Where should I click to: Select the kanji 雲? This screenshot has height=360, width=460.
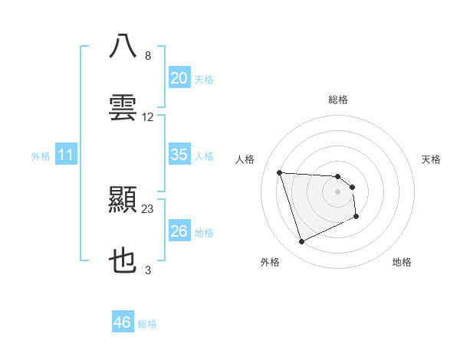tap(123, 108)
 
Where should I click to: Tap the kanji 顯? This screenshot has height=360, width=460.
tap(123, 201)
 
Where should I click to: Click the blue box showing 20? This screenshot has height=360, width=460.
tap(179, 78)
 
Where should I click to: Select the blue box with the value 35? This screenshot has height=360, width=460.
tap(179, 155)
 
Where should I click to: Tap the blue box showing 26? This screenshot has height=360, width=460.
tap(179, 231)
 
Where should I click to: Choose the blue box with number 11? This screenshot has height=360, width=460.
tap(66, 155)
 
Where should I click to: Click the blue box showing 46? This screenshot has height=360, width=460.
tap(123, 322)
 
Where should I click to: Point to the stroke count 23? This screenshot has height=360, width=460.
tap(148, 208)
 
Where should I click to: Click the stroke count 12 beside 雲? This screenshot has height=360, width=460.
tap(148, 117)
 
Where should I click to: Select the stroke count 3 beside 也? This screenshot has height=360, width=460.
tap(148, 270)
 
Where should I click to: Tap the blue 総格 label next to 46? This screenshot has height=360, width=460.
tap(147, 324)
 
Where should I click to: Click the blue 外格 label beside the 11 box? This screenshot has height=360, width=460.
tap(41, 155)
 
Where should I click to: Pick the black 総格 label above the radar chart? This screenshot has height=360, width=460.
tap(338, 100)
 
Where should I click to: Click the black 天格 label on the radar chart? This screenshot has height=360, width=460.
tap(432, 159)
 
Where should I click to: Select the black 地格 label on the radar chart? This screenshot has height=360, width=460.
tap(402, 262)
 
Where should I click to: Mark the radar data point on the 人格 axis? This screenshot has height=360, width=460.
tap(280, 172)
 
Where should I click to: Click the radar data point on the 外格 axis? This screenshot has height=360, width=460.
tap(301, 242)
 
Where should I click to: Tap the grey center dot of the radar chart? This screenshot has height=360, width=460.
tap(338, 191)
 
